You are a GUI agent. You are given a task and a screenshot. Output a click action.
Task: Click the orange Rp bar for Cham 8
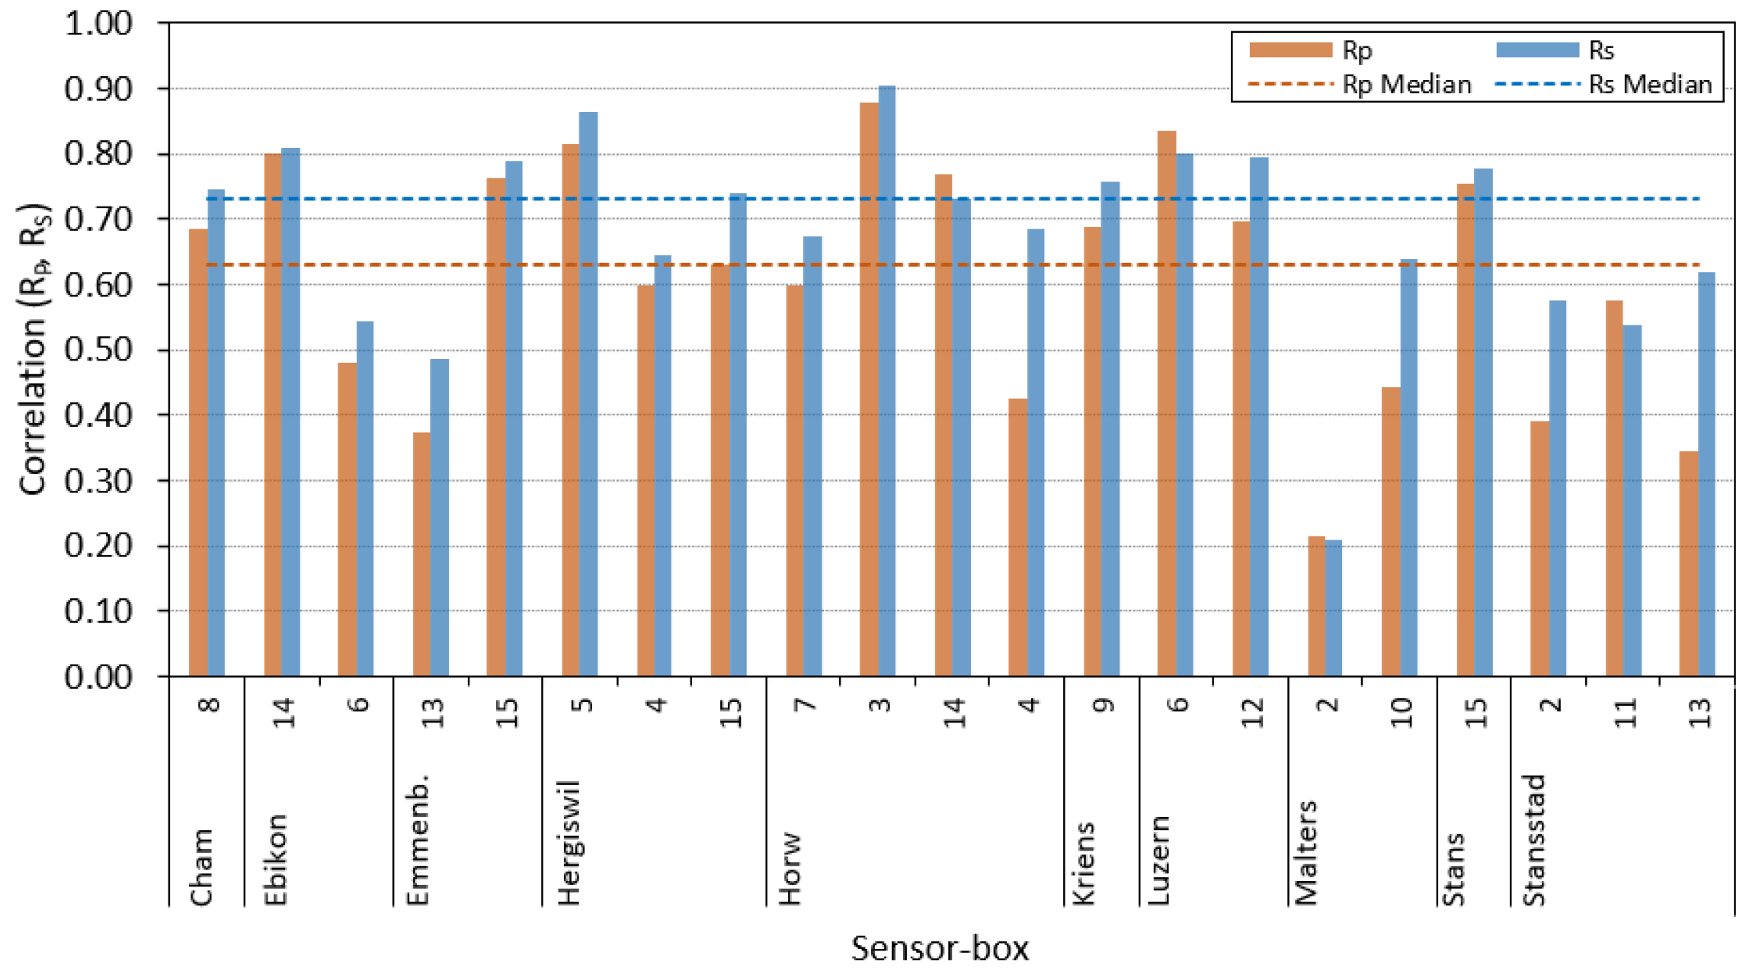coord(198,453)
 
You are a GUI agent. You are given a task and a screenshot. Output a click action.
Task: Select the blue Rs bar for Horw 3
coord(887,381)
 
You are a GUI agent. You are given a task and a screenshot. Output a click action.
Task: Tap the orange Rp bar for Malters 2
coord(1316,607)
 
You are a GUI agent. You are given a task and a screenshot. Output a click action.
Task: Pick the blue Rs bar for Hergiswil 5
coord(588,394)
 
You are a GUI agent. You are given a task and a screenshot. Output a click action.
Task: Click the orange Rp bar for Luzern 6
coord(1167,404)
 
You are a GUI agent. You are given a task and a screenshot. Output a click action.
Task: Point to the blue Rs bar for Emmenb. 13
coord(440,518)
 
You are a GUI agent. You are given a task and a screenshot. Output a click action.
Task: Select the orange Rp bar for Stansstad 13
coord(1689,564)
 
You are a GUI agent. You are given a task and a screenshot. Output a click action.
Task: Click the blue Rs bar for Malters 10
coord(1408,468)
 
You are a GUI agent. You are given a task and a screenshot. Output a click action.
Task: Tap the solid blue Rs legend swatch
coord(1537,50)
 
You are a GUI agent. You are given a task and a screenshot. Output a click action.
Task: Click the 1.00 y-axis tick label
coord(98,24)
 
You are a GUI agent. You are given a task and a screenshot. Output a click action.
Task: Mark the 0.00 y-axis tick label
coord(98,677)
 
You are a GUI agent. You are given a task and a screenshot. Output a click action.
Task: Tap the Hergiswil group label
coord(569,842)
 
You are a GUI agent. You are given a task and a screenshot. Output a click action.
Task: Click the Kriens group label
coord(1084,864)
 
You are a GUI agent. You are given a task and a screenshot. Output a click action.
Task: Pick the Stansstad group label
coord(1533,840)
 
